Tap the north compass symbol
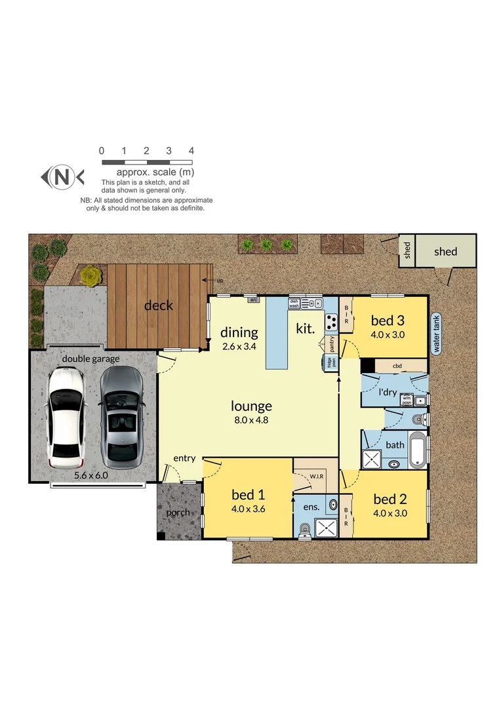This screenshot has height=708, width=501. coord(62,176)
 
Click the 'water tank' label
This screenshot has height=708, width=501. coord(435,332)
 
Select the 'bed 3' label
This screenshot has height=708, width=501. coord(388,321)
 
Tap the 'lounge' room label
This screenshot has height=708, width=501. coord(250,406)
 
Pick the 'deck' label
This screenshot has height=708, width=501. coord(159,305)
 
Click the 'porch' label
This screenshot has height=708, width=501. coord(178,513)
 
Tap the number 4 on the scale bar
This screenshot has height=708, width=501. coord(191,151)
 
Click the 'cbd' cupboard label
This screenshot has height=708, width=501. coord(397,366)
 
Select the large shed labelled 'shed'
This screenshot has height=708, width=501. coord(445,251)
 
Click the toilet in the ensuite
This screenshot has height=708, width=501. coord(303,531)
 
